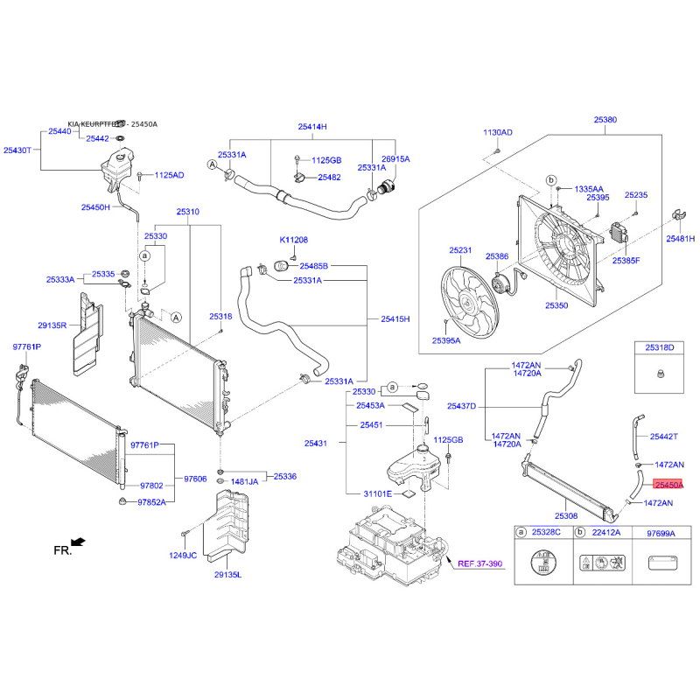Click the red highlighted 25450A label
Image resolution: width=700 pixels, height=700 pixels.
[x=668, y=485]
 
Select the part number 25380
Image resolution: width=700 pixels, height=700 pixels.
[x=605, y=120]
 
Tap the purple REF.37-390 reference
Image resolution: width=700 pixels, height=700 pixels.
[x=479, y=563]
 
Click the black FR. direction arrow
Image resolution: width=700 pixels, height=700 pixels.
[x=78, y=542]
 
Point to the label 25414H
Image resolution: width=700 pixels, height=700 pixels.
[x=312, y=127]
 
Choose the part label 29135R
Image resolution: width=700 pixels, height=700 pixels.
[x=52, y=325]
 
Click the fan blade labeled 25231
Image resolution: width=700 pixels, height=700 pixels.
[x=470, y=302]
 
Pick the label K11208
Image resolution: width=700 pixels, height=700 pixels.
[x=294, y=240]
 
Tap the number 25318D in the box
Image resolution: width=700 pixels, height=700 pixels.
[x=660, y=347]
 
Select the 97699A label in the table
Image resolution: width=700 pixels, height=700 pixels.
[x=661, y=534]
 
